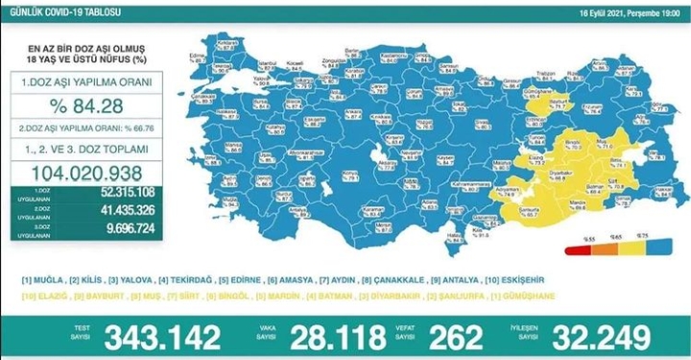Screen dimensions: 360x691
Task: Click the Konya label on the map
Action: tap(349, 173)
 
